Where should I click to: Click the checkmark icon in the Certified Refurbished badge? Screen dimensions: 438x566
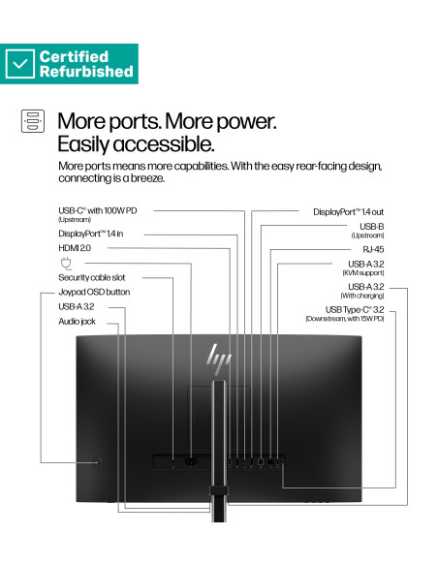click(20, 64)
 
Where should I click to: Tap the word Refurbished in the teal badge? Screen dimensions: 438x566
click(86, 71)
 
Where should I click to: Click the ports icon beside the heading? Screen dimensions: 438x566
click(33, 121)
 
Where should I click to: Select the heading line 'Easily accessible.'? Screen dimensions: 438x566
click(136, 144)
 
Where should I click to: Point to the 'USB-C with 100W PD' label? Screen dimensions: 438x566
click(98, 210)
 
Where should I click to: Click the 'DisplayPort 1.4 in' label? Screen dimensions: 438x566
click(90, 234)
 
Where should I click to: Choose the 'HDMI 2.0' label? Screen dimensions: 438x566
click(75, 248)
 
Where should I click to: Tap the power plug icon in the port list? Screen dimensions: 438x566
click(66, 264)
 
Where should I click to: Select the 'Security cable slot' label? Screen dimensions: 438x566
click(92, 277)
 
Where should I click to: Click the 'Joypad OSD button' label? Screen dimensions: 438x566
click(94, 292)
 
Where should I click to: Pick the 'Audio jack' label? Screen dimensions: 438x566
click(77, 321)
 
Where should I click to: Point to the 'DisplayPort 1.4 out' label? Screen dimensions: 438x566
click(348, 212)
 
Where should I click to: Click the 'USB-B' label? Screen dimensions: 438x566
click(371, 227)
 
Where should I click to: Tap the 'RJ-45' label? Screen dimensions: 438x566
click(373, 249)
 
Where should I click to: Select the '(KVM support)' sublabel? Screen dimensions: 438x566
click(363, 273)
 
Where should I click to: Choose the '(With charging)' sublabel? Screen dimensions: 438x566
click(362, 296)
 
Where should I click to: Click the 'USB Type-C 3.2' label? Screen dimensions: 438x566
click(355, 310)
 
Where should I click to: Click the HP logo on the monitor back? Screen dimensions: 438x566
click(219, 360)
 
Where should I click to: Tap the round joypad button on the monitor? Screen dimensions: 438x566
click(98, 462)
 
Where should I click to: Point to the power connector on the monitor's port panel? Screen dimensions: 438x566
click(191, 461)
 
